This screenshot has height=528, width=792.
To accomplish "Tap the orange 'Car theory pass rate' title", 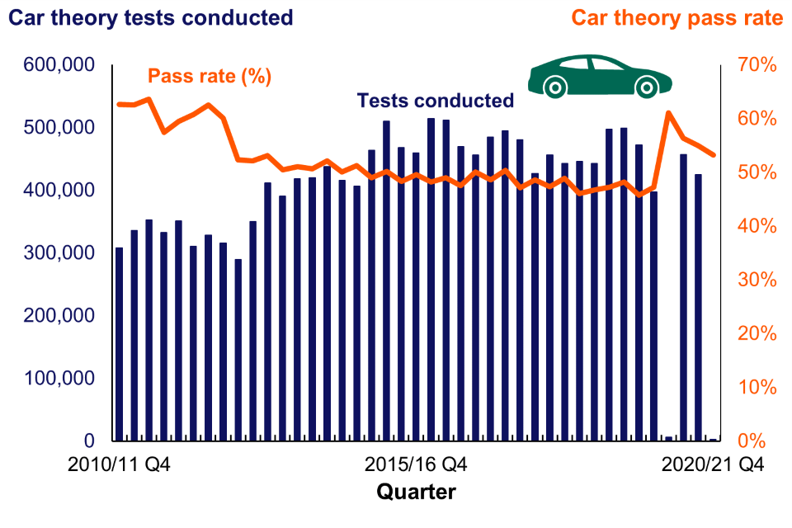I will [676, 17].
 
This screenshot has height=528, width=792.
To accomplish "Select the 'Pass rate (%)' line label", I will [210, 77].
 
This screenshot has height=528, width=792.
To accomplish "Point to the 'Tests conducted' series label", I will [435, 101].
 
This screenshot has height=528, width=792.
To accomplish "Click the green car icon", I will [600, 77].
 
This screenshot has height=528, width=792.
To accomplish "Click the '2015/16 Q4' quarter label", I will [416, 465].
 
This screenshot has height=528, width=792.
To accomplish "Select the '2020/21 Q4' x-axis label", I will [713, 465].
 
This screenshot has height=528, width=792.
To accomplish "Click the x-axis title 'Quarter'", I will [416, 493].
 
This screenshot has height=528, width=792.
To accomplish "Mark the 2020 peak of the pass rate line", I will [668, 112].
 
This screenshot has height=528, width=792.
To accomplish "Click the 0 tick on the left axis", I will [86, 441].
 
